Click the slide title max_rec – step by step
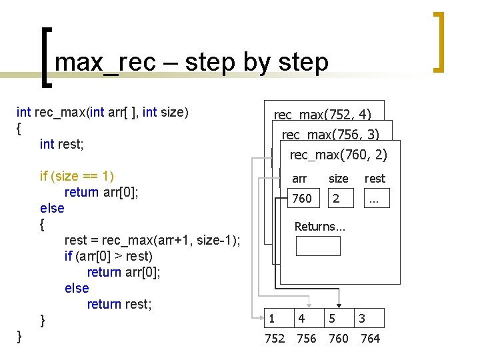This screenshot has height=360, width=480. coord(192,62)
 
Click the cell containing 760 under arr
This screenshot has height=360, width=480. coord(302,199)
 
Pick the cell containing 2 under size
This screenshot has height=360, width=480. coord(337,199)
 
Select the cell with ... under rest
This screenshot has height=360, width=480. coord(375,199)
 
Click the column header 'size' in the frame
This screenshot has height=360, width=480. coord(338,179)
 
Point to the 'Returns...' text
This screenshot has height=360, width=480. coord(320,227)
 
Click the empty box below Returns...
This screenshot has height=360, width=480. coord(318,246)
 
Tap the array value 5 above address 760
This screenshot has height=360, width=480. coord(332,319)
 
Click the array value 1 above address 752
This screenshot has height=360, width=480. coord(271,319)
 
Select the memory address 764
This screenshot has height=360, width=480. coord(370,339)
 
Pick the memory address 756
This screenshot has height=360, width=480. coord(306,339)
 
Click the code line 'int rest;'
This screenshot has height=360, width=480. coord(66,144)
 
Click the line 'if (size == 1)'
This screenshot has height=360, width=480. coord(77,176)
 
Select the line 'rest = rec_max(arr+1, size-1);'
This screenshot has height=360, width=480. coord(153,240)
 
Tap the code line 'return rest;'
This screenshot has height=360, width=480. coord(119,304)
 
